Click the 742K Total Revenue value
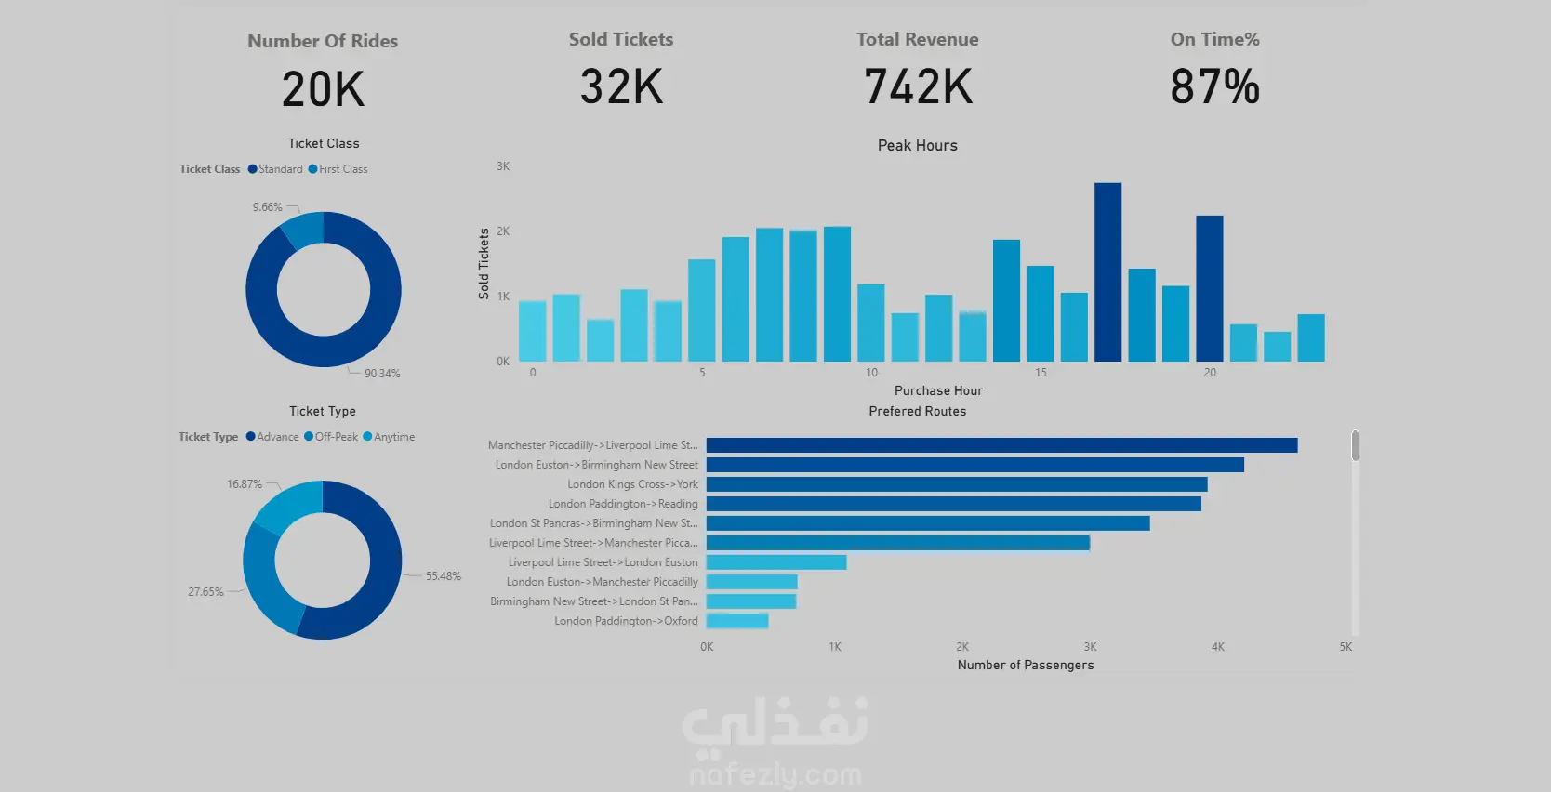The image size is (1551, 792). coord(918,86)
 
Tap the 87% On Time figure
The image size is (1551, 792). coord(1214,86)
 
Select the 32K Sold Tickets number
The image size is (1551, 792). coord(621,86)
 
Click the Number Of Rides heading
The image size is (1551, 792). coord(323,41)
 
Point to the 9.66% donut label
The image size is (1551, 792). coord(267,207)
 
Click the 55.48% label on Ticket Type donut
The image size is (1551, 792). coord(443,576)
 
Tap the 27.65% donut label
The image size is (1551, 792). coord(205,592)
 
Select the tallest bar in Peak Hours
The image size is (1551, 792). coord(1107,271)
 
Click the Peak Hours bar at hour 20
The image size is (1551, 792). coord(1209,288)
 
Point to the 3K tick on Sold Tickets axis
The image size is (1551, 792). coord(503,166)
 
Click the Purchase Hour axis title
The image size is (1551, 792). coord(938,390)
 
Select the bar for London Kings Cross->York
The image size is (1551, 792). coord(956,484)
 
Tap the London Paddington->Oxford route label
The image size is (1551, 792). coord(626,621)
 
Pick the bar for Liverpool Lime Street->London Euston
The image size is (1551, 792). coord(776,562)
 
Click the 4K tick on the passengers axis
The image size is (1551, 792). coord(1217,647)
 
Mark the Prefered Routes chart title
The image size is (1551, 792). coord(917,411)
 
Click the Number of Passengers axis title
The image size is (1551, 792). coord(1025,665)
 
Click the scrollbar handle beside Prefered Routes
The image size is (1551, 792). coord(1355,445)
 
